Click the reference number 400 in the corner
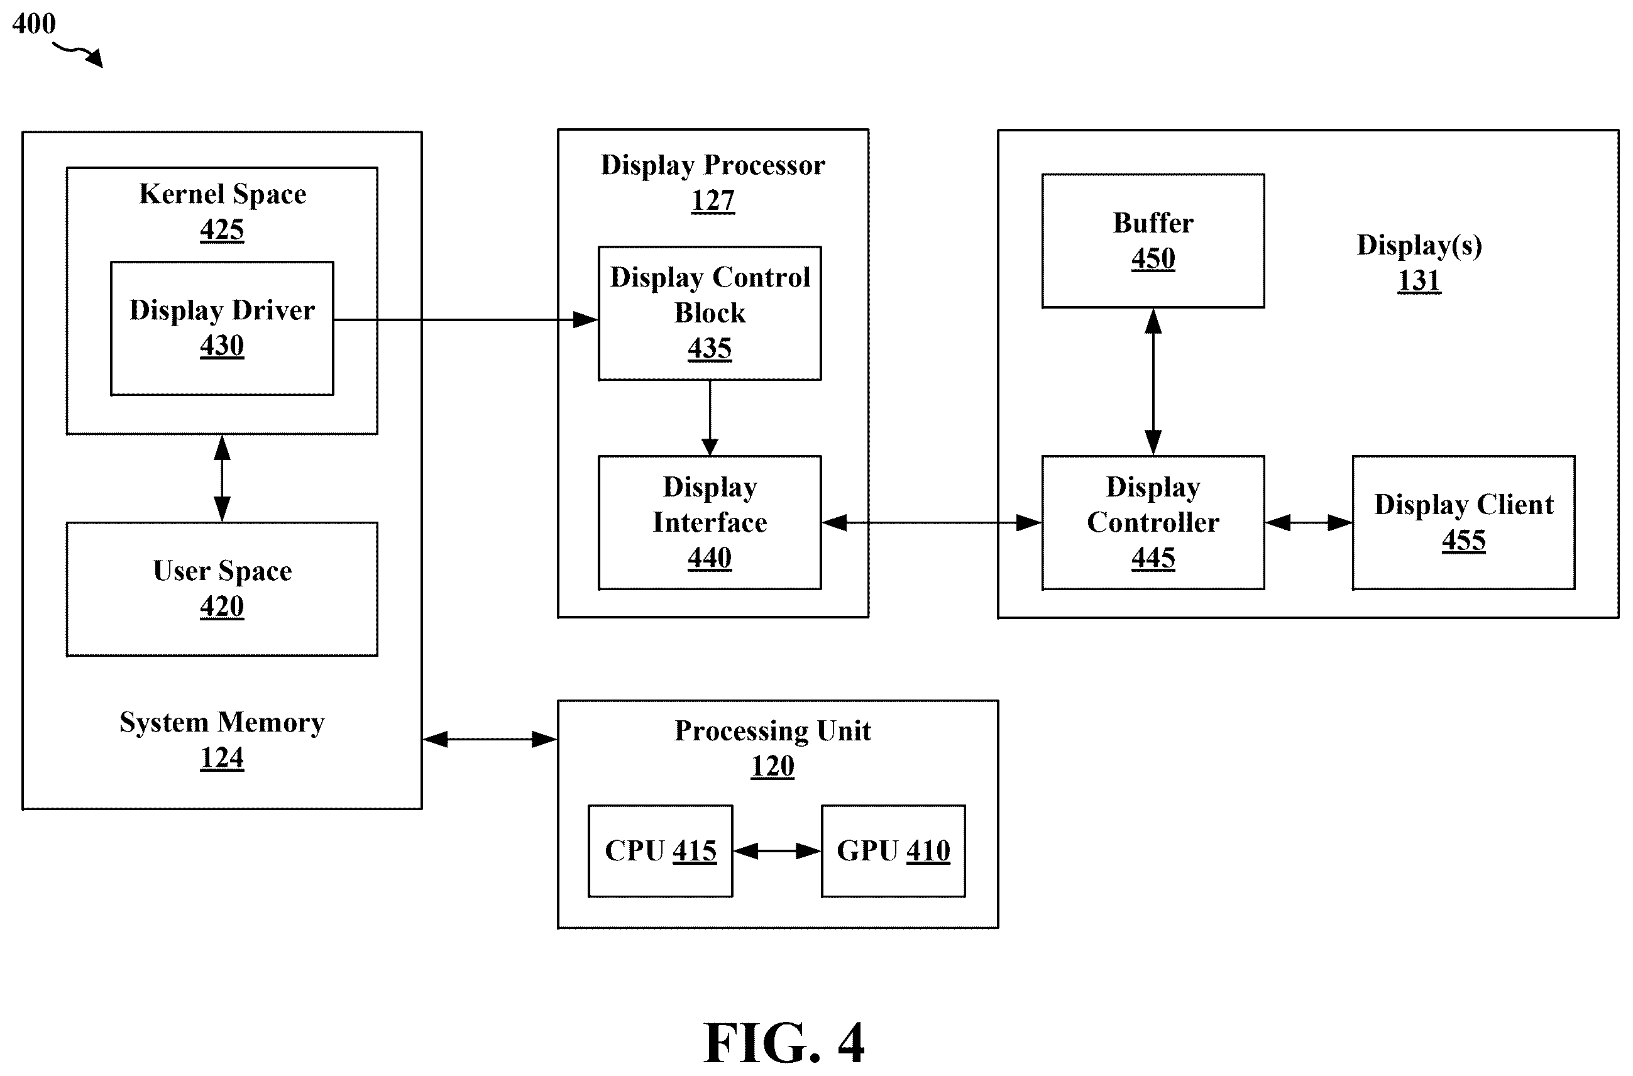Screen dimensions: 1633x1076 pos(33,23)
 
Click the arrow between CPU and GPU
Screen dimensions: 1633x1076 pos(778,852)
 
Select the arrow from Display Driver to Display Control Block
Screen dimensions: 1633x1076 pos(466,320)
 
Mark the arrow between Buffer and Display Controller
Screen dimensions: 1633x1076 pos(1153,382)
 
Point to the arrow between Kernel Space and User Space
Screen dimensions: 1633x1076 pos(222,478)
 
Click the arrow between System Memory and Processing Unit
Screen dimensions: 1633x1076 pos(490,739)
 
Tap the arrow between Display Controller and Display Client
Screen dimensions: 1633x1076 pos(1309,523)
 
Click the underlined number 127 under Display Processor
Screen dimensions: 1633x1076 pos(713,201)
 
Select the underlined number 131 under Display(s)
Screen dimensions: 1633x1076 pos(1419,281)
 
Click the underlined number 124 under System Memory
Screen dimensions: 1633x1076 pos(222,758)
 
